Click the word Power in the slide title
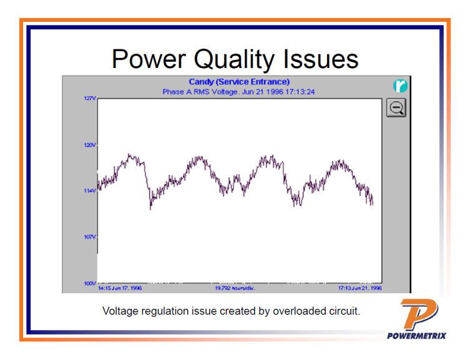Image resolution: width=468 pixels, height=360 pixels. point(149,59)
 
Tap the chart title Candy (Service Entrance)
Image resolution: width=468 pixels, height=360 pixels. point(239,82)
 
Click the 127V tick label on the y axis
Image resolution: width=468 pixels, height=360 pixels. point(90,99)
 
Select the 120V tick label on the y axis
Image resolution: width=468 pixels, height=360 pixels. point(90,145)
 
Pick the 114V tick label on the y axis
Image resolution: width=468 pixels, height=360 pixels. point(90,191)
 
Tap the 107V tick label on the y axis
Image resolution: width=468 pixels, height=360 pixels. point(90,237)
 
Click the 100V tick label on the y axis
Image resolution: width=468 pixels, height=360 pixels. point(90,283)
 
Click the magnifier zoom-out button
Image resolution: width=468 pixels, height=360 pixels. point(396,108)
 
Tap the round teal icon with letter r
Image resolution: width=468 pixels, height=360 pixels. point(400,86)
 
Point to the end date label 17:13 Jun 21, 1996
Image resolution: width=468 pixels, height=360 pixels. point(359,289)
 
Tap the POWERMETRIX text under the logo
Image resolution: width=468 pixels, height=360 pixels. point(416,336)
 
